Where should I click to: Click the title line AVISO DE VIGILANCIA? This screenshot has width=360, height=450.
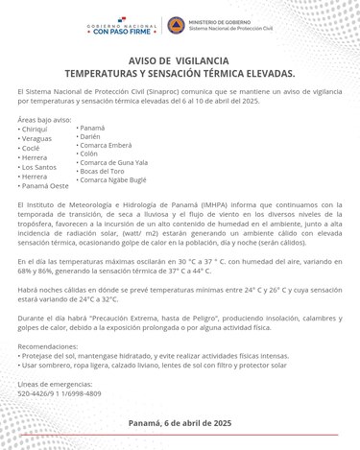pyautogui.click(x=180, y=59)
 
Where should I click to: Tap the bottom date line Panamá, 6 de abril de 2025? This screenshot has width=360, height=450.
pyautogui.click(x=180, y=422)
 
